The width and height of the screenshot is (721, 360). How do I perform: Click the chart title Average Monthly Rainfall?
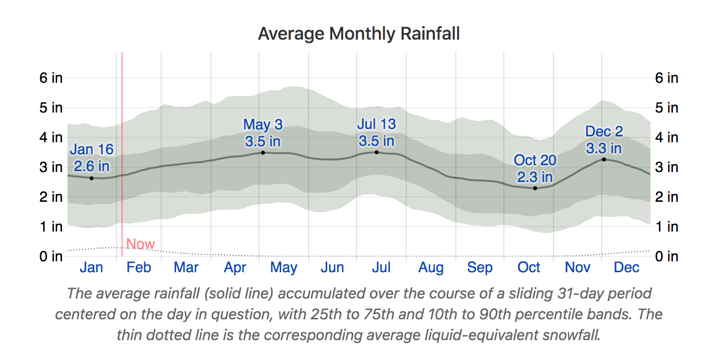click(x=359, y=34)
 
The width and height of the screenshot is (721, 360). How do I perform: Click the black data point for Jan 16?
click(x=91, y=178)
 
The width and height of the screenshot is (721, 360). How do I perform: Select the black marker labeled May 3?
click(x=263, y=153)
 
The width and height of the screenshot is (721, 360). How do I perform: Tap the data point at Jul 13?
click(x=376, y=152)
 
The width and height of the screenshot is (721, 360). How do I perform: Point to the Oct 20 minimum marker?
click(x=535, y=188)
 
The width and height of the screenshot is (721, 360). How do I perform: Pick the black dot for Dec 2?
click(x=604, y=159)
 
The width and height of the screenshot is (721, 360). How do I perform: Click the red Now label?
click(x=140, y=244)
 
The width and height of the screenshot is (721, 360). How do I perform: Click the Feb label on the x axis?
click(x=138, y=268)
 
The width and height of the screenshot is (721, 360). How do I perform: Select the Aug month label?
click(x=431, y=268)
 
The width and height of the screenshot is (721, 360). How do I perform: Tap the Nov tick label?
click(x=578, y=268)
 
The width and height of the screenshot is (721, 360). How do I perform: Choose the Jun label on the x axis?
click(x=332, y=268)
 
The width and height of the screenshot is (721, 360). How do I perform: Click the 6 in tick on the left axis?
click(x=51, y=78)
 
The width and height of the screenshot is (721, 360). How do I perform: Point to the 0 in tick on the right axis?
click(x=666, y=256)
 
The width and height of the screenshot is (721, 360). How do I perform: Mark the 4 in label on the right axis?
click(x=666, y=137)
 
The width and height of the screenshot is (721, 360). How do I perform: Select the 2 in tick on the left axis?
click(x=51, y=197)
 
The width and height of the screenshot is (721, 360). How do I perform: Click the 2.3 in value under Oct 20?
click(x=535, y=177)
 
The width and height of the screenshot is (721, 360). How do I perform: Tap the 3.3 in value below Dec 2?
click(x=604, y=148)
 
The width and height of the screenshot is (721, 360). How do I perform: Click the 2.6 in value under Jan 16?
click(x=92, y=166)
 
